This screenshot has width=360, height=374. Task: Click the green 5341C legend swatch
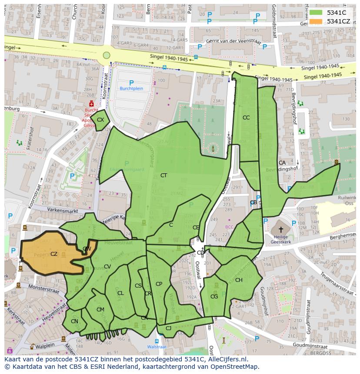(x=316, y=13)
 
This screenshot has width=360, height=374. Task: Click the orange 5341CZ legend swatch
(x=316, y=21)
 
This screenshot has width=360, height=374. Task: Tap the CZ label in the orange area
(x=54, y=254)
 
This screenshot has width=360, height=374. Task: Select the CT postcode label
(x=163, y=175)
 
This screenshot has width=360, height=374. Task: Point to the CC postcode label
(x=246, y=118)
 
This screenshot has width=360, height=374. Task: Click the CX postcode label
(x=100, y=120)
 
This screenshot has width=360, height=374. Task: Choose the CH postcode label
(x=239, y=280)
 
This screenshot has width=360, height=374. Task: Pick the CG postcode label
(x=214, y=297)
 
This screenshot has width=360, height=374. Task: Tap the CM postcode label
(x=100, y=310)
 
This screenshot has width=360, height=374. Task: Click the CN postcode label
(x=74, y=322)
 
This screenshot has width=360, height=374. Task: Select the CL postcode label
(x=120, y=293)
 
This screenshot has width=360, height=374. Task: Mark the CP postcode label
(x=159, y=284)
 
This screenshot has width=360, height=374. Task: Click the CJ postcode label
(x=168, y=328)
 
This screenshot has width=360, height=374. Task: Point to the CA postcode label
(x=282, y=163)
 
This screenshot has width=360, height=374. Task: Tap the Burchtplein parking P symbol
(x=131, y=83)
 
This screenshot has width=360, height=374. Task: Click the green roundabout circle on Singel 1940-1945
(x=107, y=55)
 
